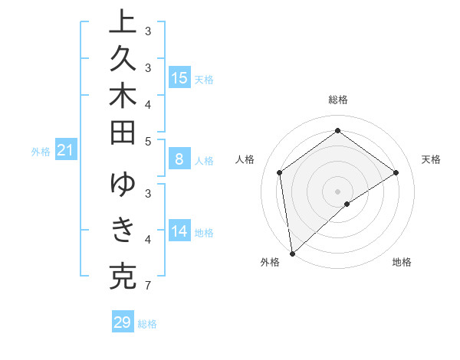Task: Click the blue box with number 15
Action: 179,78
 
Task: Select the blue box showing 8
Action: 179,159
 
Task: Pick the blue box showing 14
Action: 179,231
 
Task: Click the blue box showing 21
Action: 66,151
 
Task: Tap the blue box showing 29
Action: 123,322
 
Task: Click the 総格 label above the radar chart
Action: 337,100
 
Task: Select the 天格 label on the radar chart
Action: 431,159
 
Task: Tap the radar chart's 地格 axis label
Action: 402,262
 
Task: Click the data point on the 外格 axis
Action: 292,253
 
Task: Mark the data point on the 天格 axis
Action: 396,172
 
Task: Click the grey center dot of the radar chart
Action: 337,191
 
